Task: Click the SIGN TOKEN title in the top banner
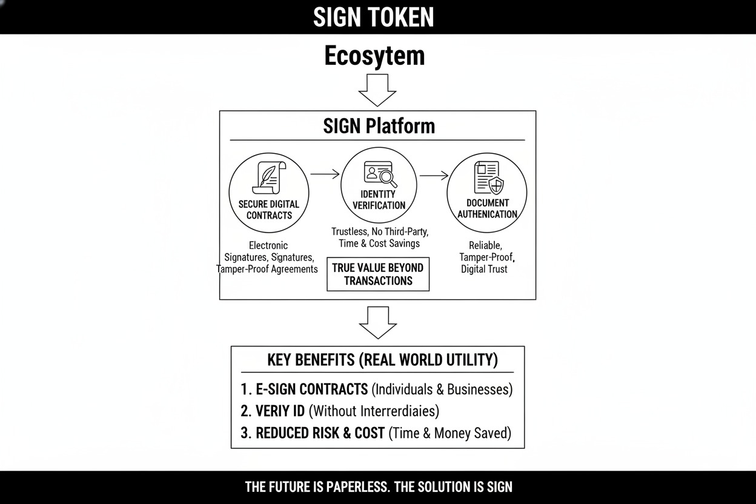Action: (374, 17)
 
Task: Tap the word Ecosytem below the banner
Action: (374, 56)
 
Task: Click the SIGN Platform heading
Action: (379, 126)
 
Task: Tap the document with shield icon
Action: (489, 177)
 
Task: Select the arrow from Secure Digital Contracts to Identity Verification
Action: (325, 174)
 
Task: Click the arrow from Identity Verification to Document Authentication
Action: (434, 176)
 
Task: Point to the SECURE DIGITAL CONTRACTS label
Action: (269, 210)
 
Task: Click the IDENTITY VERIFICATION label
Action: (379, 200)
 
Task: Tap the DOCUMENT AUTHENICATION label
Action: (487, 208)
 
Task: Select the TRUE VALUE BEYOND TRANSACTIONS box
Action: (378, 274)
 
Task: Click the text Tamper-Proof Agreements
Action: (268, 269)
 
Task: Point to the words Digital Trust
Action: (484, 269)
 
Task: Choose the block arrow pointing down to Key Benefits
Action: (378, 322)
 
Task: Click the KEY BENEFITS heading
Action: (382, 360)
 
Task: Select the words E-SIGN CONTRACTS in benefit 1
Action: (312, 389)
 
